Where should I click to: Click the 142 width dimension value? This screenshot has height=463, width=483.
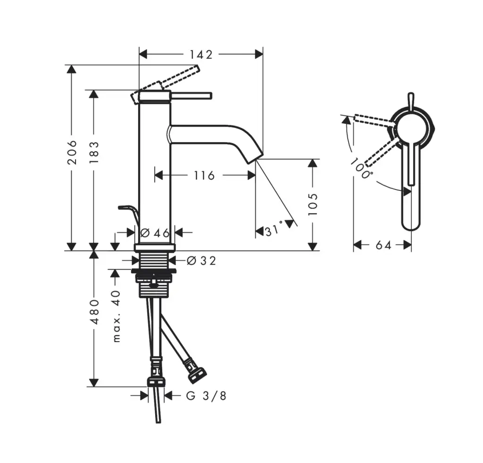point(201,55)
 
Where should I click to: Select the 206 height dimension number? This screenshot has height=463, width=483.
point(72,152)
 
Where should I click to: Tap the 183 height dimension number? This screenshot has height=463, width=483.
point(94,153)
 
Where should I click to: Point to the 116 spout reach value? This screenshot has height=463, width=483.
point(204,175)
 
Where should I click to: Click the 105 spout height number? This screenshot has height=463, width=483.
point(312,204)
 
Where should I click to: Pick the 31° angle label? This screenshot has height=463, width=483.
point(274,229)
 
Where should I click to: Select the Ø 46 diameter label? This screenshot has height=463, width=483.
point(155,232)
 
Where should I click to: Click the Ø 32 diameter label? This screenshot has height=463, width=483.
point(201,261)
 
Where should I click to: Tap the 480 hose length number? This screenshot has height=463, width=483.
point(94,311)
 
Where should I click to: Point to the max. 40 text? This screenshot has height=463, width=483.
point(116,316)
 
